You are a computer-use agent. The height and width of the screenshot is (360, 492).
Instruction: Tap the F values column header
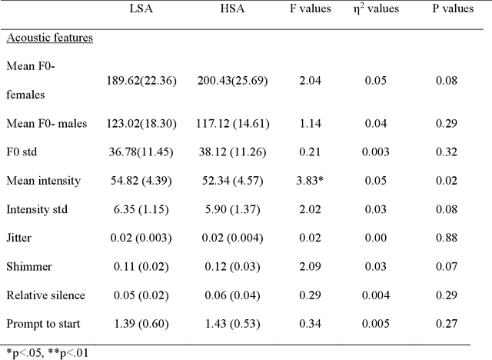coord(311,9)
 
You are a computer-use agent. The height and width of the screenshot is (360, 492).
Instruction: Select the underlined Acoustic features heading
coord(48,38)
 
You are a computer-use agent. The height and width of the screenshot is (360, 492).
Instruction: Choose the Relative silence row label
coord(45,295)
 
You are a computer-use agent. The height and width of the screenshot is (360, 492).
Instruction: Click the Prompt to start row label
coord(45,324)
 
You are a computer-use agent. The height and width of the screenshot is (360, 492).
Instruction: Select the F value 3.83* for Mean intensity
coord(311,181)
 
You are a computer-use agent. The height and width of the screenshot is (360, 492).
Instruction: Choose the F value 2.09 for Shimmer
coord(309,267)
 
